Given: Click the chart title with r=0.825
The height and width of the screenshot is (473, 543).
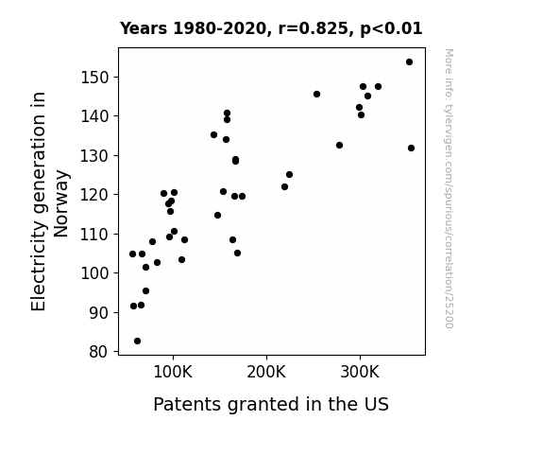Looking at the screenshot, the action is coord(271,28).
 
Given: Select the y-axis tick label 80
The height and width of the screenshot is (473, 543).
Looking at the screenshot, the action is coord(99,352).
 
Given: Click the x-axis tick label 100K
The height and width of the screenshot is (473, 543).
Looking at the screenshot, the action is coord(173,372).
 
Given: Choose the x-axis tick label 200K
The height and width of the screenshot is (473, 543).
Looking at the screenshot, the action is coord(266,372).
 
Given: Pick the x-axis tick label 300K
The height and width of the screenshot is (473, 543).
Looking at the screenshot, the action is coord(360,372).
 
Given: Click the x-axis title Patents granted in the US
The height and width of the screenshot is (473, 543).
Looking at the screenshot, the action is coord(271,404).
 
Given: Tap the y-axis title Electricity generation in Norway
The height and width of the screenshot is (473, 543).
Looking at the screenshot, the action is coord(50,201).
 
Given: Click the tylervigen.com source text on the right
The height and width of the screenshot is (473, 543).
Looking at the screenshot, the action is coord(449,188).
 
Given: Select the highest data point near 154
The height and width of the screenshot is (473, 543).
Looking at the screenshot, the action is coord(409,62).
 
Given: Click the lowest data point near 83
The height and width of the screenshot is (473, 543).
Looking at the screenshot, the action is coord(138,342).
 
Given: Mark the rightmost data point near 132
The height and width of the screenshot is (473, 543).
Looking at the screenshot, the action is coord(411,149).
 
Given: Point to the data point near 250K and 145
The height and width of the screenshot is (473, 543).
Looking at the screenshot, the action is coord(316,94).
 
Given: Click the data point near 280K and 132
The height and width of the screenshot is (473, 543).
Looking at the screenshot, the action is coord(339,145).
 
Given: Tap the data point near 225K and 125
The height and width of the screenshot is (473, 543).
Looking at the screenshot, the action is coord(290,175).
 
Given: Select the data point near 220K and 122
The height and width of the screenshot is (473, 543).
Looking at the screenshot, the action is coord(284,187).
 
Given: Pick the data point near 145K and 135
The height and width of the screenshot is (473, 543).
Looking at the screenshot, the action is coord(214,135).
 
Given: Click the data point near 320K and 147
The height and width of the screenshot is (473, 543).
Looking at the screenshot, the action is coord(378,86).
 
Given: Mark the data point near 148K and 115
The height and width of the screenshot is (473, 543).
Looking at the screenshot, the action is coord(217,216).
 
